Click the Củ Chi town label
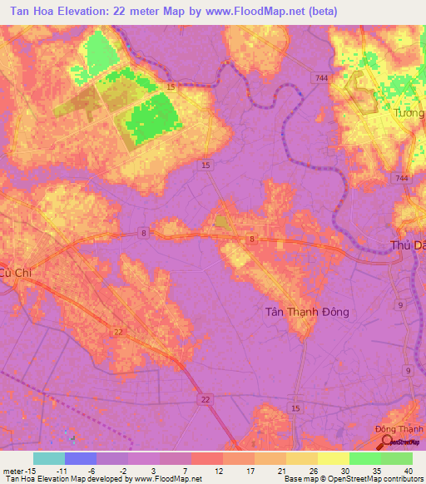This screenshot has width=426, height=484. coord(17,272)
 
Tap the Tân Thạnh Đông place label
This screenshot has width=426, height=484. coord(307,312)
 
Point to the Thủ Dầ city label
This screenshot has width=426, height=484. coord(408,245)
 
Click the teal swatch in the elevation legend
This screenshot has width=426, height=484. coord(49,458)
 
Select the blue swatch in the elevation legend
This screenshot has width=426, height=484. coord(81,458)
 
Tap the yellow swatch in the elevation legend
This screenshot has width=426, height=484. coord(333,458)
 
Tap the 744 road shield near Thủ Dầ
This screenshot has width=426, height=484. coord(403,179)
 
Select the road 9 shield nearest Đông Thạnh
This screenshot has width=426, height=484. coord(408,369)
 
